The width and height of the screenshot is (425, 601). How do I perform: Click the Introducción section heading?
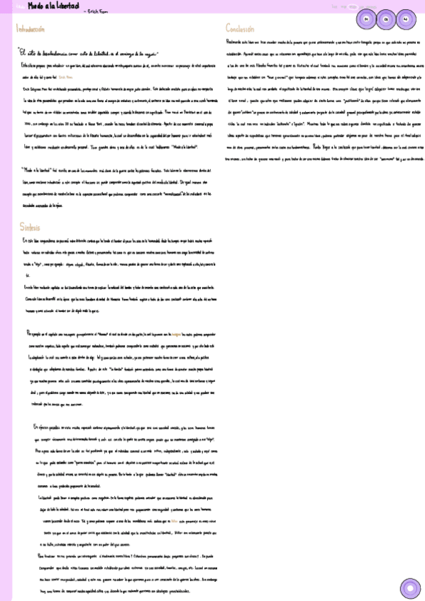[x=31, y=29]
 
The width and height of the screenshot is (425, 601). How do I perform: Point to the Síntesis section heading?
[x=29, y=225]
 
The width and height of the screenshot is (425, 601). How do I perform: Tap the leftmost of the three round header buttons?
[x=366, y=19]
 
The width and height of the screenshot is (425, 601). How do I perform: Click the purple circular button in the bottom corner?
[x=409, y=588]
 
